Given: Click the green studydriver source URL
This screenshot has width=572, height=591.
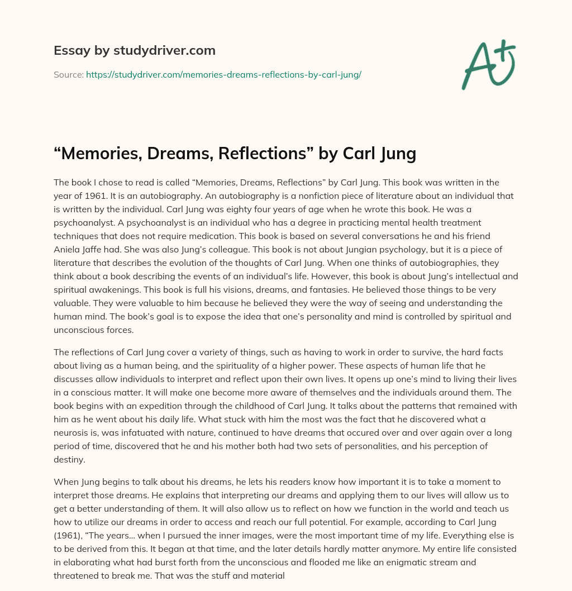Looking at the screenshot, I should point(223,74).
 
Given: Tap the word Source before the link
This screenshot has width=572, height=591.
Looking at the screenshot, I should point(68,74).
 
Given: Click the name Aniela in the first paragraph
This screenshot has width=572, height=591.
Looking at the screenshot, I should point(68,250).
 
